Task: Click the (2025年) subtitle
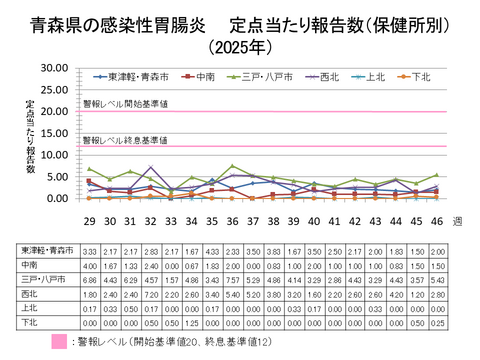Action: pos(240,46)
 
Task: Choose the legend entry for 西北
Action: pos(322,75)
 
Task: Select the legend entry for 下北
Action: pos(419,75)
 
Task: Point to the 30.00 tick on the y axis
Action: pos(56,67)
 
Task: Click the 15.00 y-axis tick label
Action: pos(56,133)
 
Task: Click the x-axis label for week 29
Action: pos(89,220)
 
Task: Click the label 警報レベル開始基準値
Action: pos(125,103)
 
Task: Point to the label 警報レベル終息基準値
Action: pos(125,140)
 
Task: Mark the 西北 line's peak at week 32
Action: pos(151,167)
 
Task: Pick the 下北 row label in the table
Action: pos(30,324)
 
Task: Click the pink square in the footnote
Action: pos(31,343)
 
